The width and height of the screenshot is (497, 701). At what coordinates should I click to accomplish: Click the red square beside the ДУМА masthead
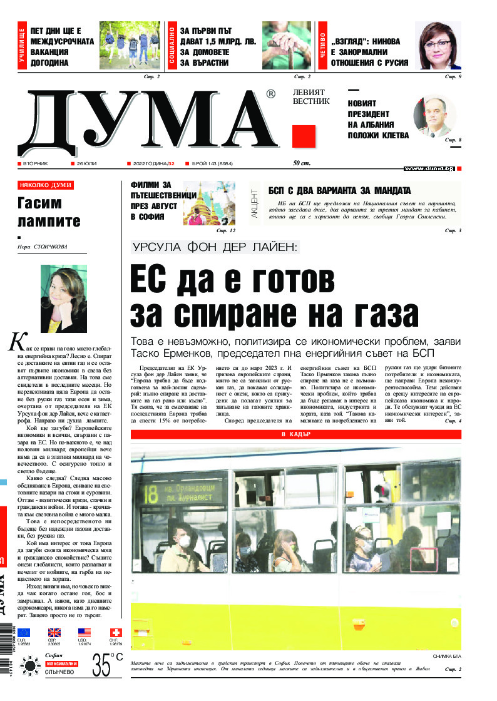pos(304,136)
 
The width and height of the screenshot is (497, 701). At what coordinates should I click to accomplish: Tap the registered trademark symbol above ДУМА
pos(270,94)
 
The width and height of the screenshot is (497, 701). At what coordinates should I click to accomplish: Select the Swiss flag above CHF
pos(116,633)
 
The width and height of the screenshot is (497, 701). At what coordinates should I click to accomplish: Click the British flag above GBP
pos(54,633)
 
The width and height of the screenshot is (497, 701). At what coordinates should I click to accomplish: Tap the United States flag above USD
pos(85,633)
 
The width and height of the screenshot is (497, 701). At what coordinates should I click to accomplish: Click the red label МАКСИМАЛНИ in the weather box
pos(61,663)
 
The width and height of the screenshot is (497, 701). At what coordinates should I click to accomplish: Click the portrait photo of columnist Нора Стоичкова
pos(63,299)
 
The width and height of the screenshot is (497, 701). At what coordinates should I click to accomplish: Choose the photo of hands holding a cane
pos(287,45)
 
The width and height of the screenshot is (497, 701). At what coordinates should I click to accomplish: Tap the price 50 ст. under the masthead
pos(302,163)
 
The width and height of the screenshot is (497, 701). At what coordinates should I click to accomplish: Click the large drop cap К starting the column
pos(16,342)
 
